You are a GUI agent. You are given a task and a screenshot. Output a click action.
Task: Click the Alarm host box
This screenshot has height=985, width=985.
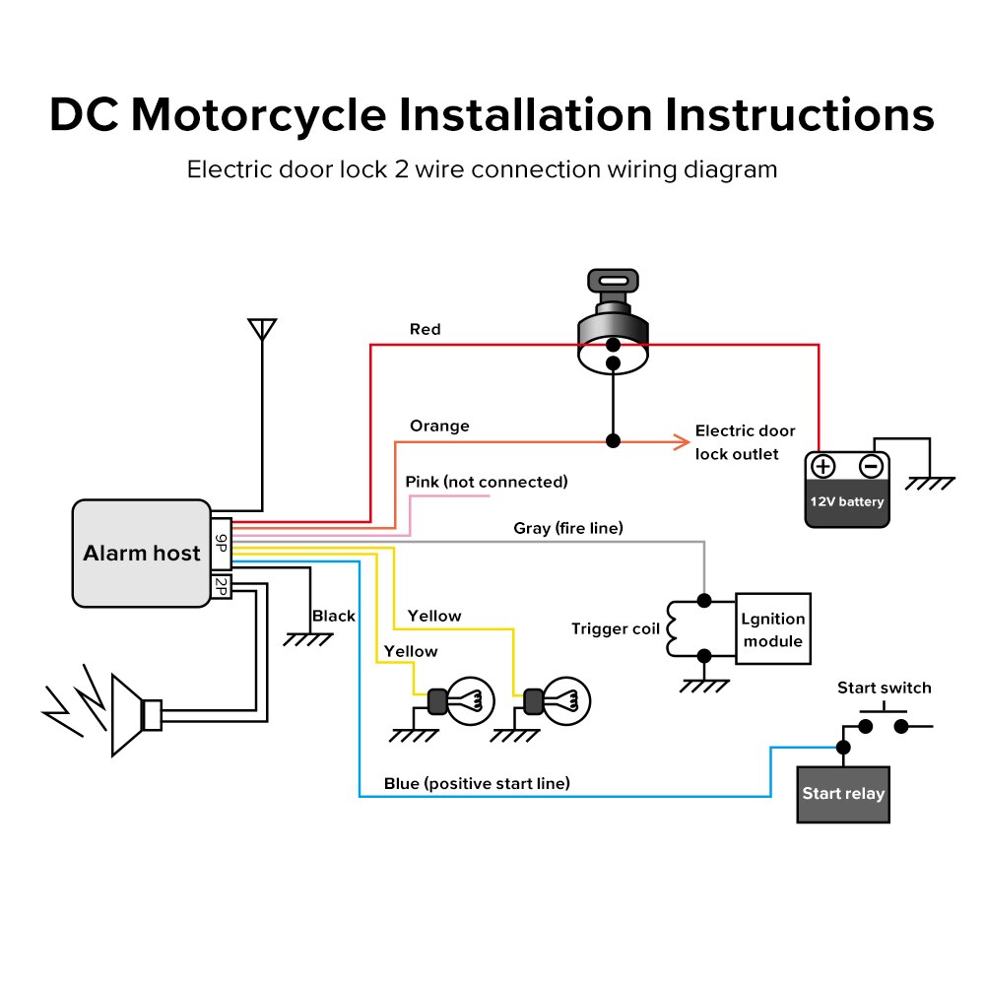tap(141, 553)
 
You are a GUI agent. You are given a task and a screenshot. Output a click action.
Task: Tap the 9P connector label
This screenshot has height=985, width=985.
tap(221, 545)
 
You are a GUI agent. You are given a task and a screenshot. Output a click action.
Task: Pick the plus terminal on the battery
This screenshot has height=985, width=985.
tap(823, 467)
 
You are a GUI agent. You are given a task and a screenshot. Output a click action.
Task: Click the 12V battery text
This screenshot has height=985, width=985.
tap(847, 501)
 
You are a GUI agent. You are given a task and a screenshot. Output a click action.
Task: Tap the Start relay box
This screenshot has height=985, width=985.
tap(843, 794)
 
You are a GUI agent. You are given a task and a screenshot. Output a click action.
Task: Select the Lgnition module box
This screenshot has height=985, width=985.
tap(773, 629)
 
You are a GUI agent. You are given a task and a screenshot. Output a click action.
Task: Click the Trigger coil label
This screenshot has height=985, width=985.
tap(616, 628)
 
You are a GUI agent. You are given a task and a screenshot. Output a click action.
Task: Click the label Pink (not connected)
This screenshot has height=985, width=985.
tap(487, 482)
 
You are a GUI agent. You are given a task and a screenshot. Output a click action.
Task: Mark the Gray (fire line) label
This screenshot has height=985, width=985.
tap(568, 528)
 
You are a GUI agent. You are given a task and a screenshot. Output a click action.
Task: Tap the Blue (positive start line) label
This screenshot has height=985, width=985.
tap(477, 784)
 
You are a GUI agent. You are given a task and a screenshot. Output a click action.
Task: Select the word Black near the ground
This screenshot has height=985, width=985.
tap(334, 616)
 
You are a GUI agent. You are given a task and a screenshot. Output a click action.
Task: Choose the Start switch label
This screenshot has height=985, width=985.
tap(884, 688)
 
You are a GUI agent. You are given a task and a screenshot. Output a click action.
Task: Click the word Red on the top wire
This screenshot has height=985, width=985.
tap(425, 329)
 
